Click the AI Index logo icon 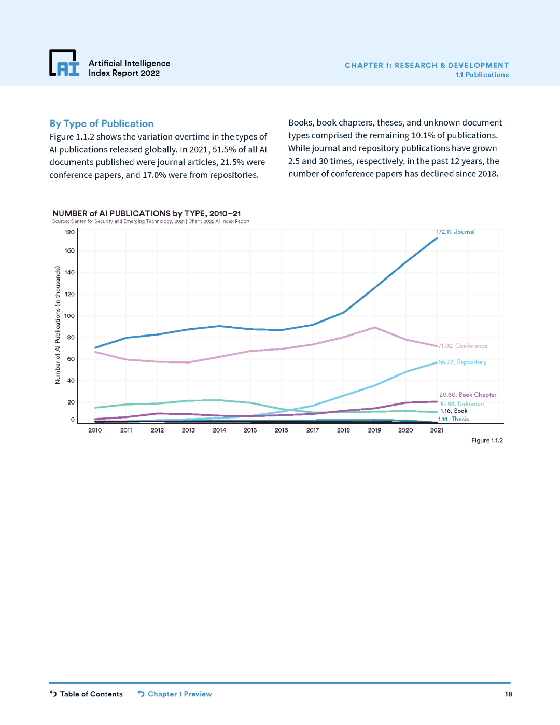coord(64,63)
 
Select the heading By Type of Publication coord(102,123)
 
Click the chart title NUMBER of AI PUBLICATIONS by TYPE coord(146,213)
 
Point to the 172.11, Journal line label coord(455,232)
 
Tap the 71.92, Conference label coord(463,346)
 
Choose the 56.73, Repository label coord(463,362)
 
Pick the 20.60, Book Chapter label coord(468,395)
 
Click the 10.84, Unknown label coord(461,404)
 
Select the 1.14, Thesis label coord(454,419)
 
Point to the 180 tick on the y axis coord(69,232)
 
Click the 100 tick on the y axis coord(69,316)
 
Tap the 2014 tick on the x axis coord(219,430)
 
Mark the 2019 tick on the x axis coord(374,430)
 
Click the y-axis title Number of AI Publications coord(58,325)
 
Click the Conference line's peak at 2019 coord(374,328)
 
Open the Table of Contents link coord(86,694)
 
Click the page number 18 coord(509,694)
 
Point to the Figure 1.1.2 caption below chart coord(487,440)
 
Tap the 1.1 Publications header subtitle coord(482,75)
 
